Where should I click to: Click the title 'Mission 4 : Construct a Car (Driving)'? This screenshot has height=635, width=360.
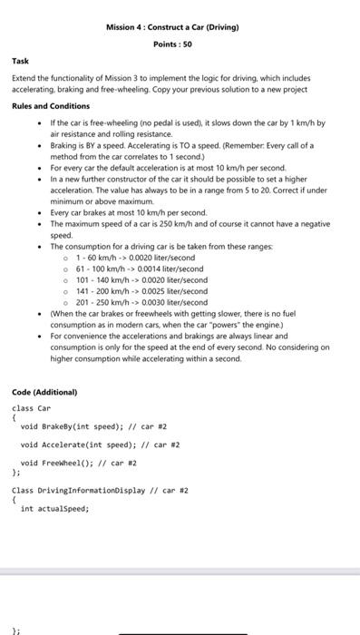(171, 27)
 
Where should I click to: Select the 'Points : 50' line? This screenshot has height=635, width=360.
(171, 44)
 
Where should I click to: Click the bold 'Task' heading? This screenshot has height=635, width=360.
(20, 62)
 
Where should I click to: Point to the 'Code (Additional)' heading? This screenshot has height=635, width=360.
(44, 392)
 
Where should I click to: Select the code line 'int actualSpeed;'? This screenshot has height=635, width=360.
(54, 509)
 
